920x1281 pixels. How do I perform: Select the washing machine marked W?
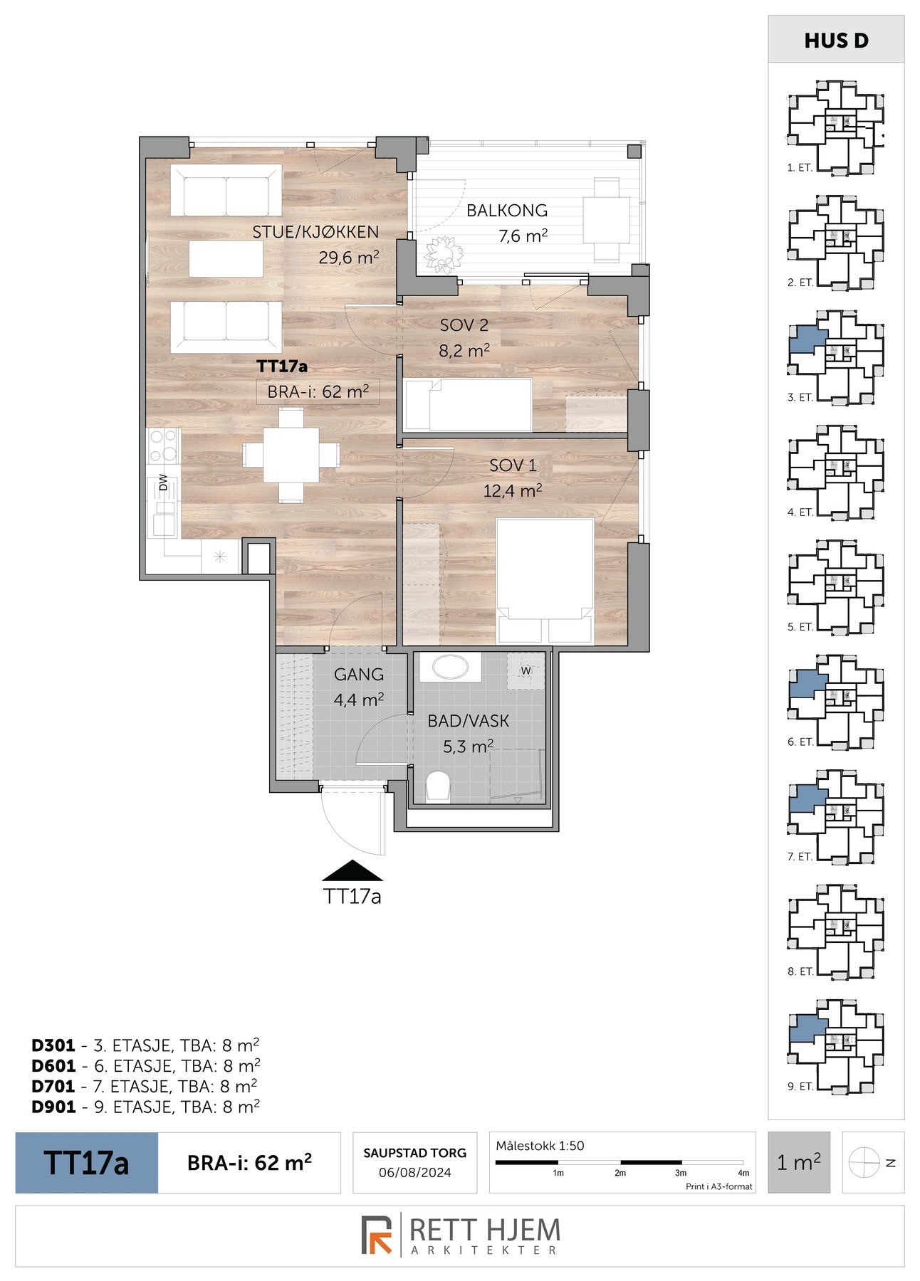coord(526,670)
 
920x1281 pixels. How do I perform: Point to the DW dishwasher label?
coord(163,483)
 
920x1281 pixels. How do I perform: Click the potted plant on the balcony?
coord(443,253)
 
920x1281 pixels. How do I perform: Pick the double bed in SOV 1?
coord(545,581)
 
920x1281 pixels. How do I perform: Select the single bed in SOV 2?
coord(468,404)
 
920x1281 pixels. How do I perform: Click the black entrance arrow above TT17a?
coord(352,872)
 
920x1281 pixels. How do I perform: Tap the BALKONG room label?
coord(507,210)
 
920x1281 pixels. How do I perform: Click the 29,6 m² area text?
coord(348,257)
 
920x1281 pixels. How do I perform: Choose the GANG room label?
coord(359,674)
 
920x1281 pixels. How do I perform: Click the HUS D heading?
coord(837,41)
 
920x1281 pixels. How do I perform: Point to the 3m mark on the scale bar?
coord(681,1173)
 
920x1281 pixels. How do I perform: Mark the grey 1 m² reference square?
coord(799,1162)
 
